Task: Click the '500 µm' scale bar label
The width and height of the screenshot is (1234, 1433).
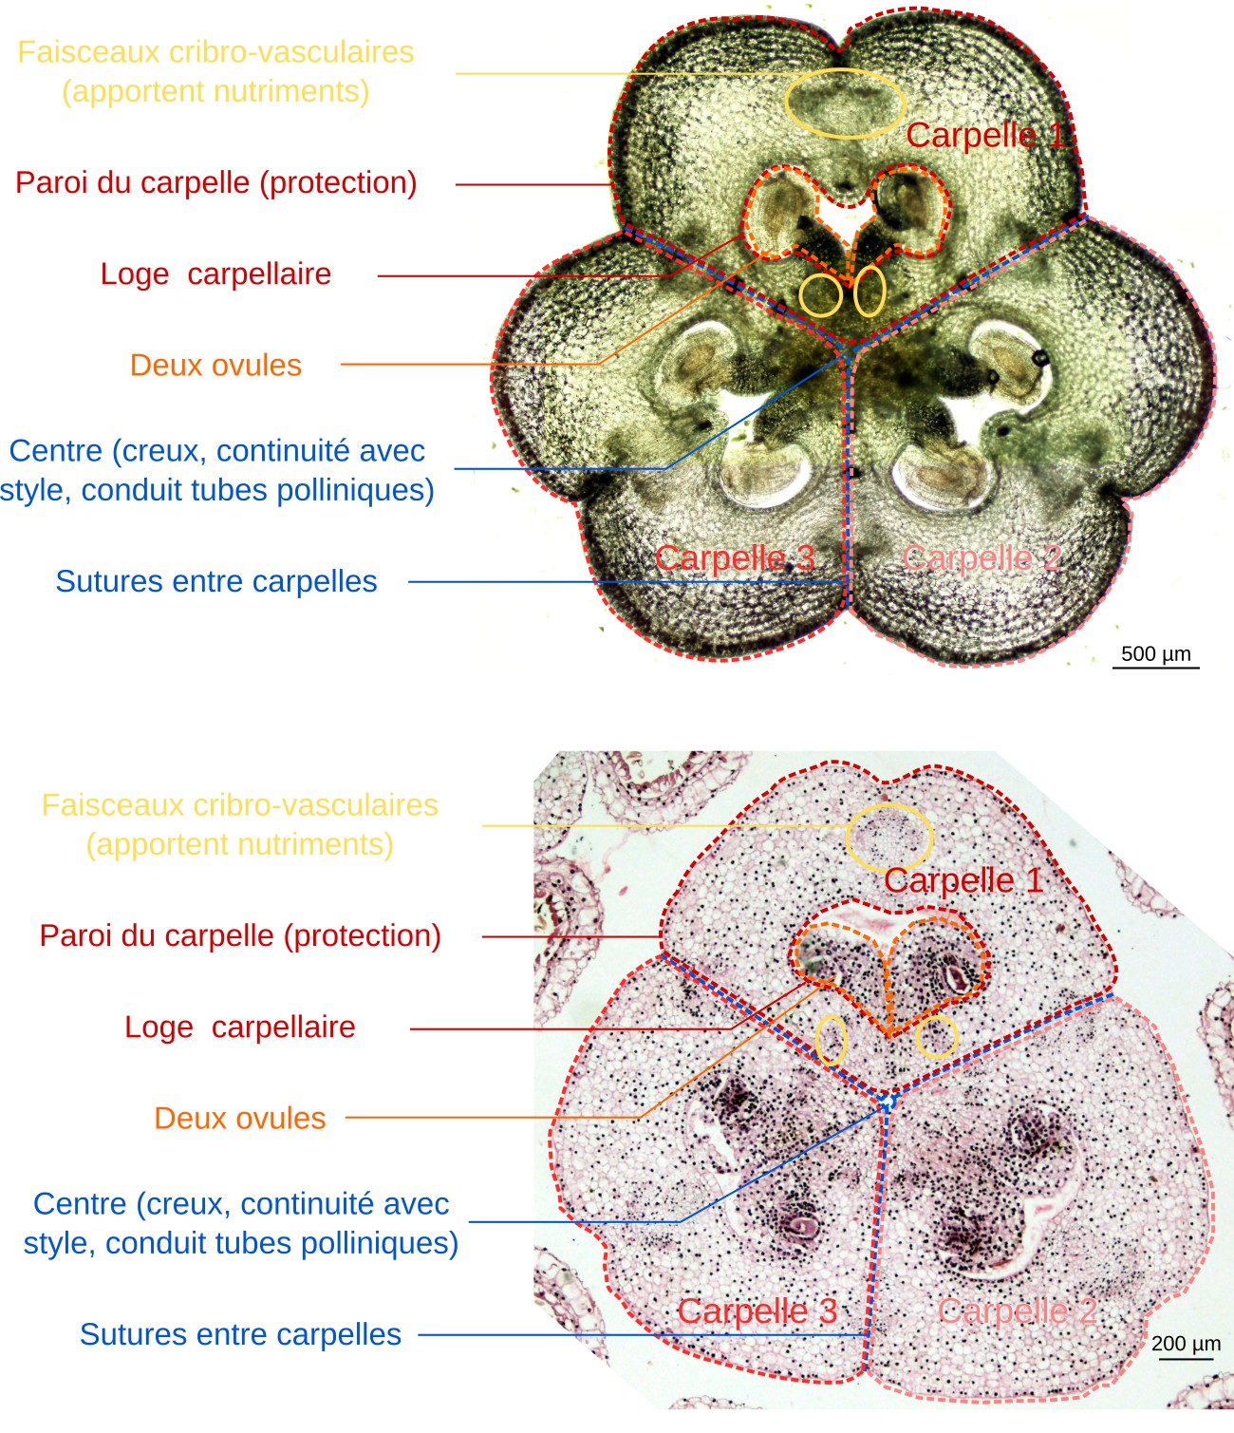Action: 1155,653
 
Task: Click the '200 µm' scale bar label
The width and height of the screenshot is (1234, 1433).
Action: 1186,1344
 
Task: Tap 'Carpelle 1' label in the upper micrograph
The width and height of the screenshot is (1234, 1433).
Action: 985,135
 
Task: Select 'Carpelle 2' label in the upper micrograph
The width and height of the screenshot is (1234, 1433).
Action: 982,557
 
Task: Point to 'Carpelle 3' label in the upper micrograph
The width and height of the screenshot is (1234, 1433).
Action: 735,557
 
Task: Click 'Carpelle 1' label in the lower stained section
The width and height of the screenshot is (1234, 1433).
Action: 963,880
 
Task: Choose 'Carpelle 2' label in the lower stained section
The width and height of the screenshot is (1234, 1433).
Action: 1018,1310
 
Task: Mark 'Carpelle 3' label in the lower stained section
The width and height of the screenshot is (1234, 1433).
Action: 757,1310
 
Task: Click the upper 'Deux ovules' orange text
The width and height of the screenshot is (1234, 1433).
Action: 215,365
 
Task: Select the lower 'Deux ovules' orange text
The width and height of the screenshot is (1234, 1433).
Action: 239,1118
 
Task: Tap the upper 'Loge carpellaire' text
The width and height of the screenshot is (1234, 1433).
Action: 215,273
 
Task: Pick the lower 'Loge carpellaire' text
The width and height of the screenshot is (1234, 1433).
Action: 239,1027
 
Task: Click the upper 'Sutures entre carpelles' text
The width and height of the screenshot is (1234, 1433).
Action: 215,581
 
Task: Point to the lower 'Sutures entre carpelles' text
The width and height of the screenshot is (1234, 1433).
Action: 239,1334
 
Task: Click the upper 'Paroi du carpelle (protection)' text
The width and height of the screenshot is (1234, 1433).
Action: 215,182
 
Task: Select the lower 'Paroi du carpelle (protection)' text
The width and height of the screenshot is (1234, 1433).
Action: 239,935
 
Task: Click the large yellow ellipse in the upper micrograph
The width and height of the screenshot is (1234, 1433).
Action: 845,103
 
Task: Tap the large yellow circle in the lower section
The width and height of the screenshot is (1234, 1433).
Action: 889,837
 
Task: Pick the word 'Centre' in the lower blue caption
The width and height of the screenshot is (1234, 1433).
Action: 79,1203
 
